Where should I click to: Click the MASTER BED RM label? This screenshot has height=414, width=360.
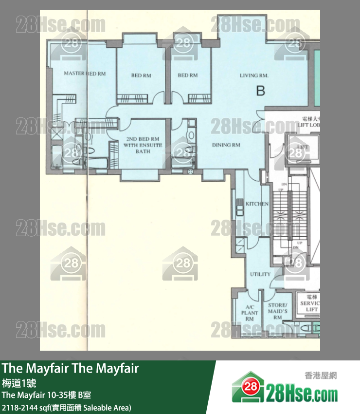(85, 74)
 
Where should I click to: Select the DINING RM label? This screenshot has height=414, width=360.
(226, 145)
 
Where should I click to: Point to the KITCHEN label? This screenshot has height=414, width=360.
(257, 204)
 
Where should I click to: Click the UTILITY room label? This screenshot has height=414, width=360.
(260, 274)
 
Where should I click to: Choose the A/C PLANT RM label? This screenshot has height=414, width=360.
(250, 312)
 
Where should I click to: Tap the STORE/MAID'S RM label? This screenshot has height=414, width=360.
(278, 311)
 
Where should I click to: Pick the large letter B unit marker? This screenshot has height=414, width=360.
(261, 90)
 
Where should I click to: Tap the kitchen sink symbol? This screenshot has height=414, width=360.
(239, 207)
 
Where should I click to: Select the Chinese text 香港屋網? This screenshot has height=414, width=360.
(321, 376)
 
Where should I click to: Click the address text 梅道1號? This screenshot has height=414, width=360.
(16, 383)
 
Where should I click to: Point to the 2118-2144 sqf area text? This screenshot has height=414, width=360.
(66, 407)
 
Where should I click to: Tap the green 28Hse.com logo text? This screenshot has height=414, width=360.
(302, 391)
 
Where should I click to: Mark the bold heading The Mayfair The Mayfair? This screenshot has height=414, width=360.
(71, 369)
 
